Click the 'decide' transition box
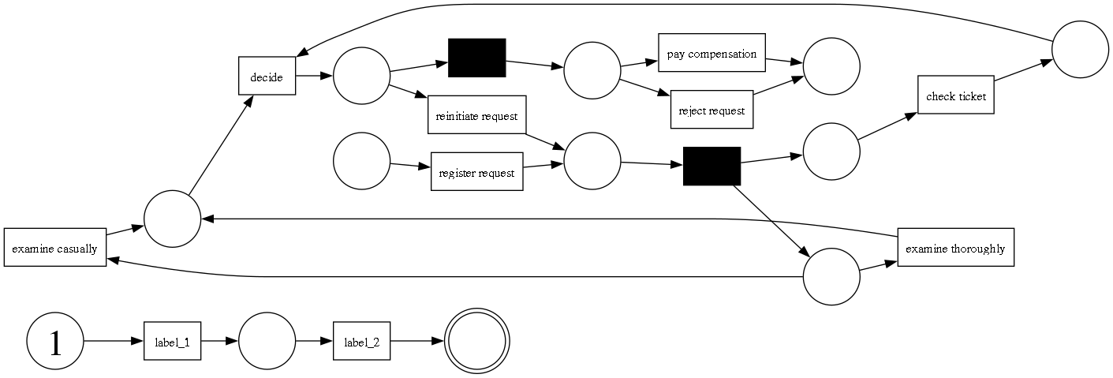pyautogui.click(x=267, y=77)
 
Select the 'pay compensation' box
pyautogui.click(x=711, y=54)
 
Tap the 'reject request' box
pyautogui.click(x=711, y=110)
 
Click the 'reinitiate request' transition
pyautogui.click(x=476, y=115)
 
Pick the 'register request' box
pyautogui.click(x=476, y=172)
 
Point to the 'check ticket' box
pyautogui.click(x=955, y=95)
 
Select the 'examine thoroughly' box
pyautogui.click(x=954, y=248)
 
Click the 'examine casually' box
pyautogui.click(x=54, y=248)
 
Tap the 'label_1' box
pyautogui.click(x=172, y=342)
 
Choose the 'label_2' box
pyautogui.click(x=361, y=342)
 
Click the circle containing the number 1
pyautogui.click(x=55, y=342)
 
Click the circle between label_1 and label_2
pyautogui.click(x=267, y=342)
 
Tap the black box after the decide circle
pyautogui.click(x=476, y=58)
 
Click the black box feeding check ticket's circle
pyautogui.click(x=711, y=166)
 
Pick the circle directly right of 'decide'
pyautogui.click(x=362, y=77)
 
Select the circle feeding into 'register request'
pyautogui.click(x=362, y=161)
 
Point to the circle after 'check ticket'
pyautogui.click(x=1080, y=49)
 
